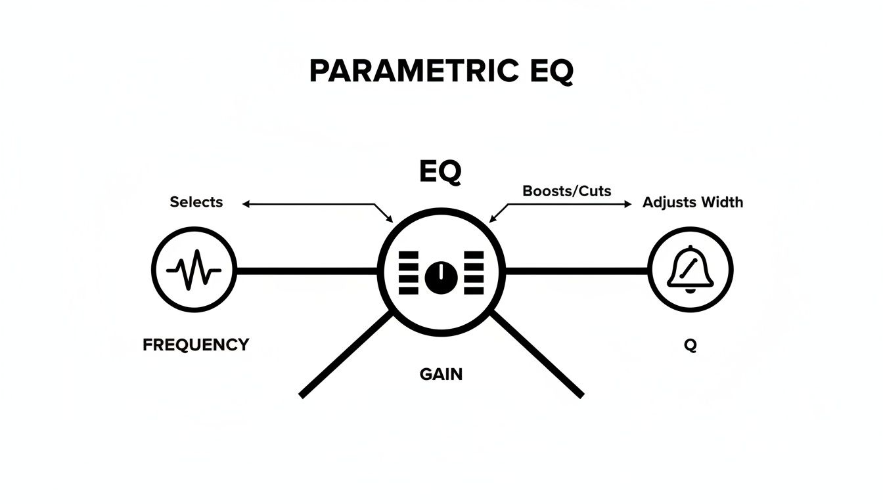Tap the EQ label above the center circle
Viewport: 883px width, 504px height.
[x=440, y=171]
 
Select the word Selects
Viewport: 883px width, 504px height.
[x=196, y=202]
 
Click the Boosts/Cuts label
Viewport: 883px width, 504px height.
[x=566, y=191]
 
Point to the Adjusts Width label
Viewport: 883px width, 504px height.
[x=692, y=202]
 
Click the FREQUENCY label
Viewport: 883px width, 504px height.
[x=196, y=344]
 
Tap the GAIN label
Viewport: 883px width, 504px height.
[x=441, y=375]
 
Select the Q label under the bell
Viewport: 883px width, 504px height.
[x=690, y=345]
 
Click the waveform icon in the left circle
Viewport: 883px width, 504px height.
[x=194, y=270]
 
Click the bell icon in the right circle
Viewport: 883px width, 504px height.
[x=690, y=270]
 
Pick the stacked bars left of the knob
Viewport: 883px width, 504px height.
[x=408, y=272]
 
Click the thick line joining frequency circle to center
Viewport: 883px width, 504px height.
[x=307, y=270]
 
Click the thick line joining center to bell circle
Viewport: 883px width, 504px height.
[x=576, y=270]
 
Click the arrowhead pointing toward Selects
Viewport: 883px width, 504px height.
[x=246, y=204]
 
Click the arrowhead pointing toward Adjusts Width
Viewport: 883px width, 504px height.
[x=627, y=204]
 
